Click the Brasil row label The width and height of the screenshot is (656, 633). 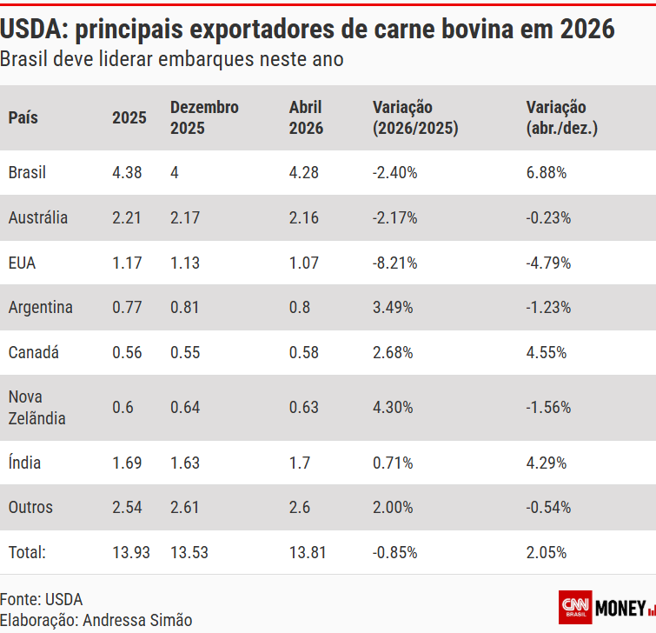click(x=27, y=172)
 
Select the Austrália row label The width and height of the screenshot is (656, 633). click(x=37, y=217)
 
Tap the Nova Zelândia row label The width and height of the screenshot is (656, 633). click(x=36, y=407)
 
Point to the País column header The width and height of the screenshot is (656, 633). click(x=23, y=117)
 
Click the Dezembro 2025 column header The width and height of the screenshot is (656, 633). click(x=204, y=117)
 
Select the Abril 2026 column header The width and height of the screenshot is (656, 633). click(x=306, y=117)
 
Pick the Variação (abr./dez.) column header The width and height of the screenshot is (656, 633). click(x=561, y=117)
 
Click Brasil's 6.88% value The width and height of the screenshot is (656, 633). click(x=547, y=172)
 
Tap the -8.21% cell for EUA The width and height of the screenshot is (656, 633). click(x=394, y=263)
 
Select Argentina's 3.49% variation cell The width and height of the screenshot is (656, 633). click(x=393, y=307)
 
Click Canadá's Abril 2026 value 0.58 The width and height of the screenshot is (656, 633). click(x=303, y=352)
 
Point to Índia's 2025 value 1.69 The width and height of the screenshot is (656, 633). click(x=127, y=463)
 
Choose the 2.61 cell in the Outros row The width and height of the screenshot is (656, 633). click(x=185, y=507)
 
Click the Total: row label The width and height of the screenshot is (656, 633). click(x=27, y=552)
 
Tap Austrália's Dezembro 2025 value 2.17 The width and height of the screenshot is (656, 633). click(x=185, y=217)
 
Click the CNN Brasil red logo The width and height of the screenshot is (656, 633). click(x=575, y=606)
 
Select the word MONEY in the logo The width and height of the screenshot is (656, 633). click(x=620, y=607)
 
